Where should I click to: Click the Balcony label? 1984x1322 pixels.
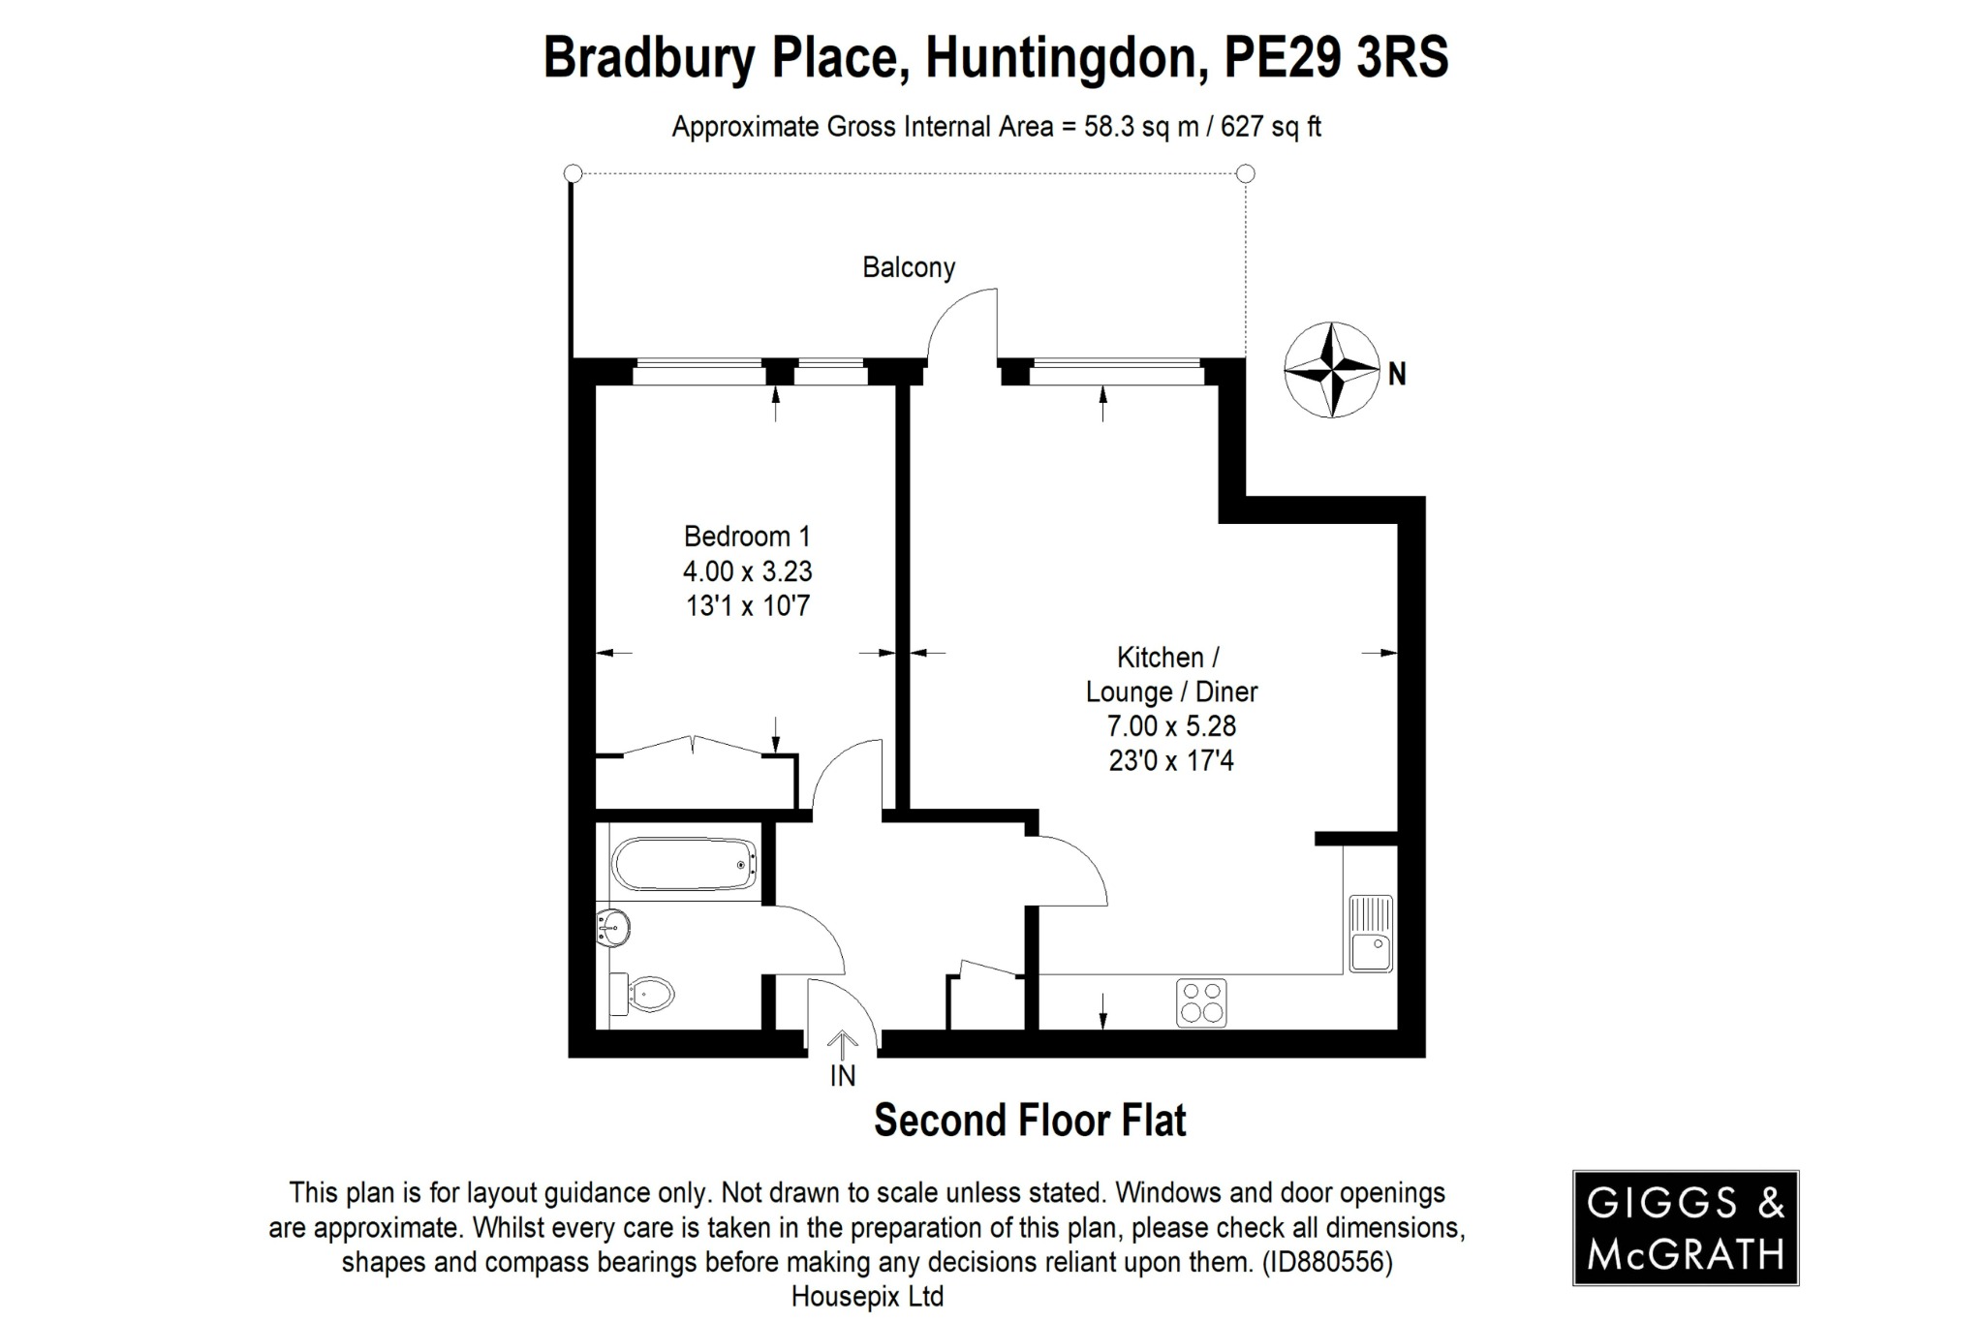pos(909,267)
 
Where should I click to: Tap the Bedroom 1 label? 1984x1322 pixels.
pos(747,536)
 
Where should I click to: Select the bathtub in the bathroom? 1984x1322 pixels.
pos(684,864)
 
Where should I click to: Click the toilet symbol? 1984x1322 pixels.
pos(647,993)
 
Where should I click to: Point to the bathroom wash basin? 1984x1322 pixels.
pos(614,928)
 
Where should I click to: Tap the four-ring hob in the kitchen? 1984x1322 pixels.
pos(1201,1002)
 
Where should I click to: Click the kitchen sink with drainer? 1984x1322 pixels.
pos(1371,934)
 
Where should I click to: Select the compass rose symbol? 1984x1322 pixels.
pos(1332,370)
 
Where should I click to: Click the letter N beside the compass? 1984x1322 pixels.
pos(1397,374)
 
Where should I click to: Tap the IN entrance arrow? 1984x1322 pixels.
pos(843,1046)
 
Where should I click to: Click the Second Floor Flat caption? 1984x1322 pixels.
pos(1030,1121)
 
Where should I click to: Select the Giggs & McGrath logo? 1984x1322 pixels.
pos(1685,1228)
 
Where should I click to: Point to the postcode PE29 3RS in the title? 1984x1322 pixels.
pos(1337,57)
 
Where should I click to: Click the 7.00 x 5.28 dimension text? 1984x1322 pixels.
pos(1171,725)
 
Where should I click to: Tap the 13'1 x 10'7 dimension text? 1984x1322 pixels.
pos(747,606)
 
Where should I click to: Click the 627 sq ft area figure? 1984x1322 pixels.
pos(1270,127)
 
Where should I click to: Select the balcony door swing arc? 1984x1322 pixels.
pos(959,324)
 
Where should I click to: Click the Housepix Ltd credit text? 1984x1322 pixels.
pos(867,1297)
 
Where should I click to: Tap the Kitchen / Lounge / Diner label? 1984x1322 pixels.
pos(1171,675)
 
